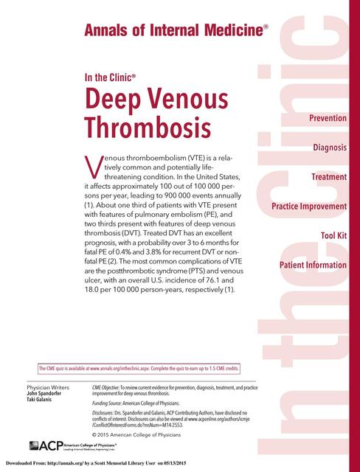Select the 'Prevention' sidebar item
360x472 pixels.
click(x=322, y=119)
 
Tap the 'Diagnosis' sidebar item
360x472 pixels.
click(x=329, y=147)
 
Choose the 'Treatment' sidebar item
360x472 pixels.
click(x=328, y=177)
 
